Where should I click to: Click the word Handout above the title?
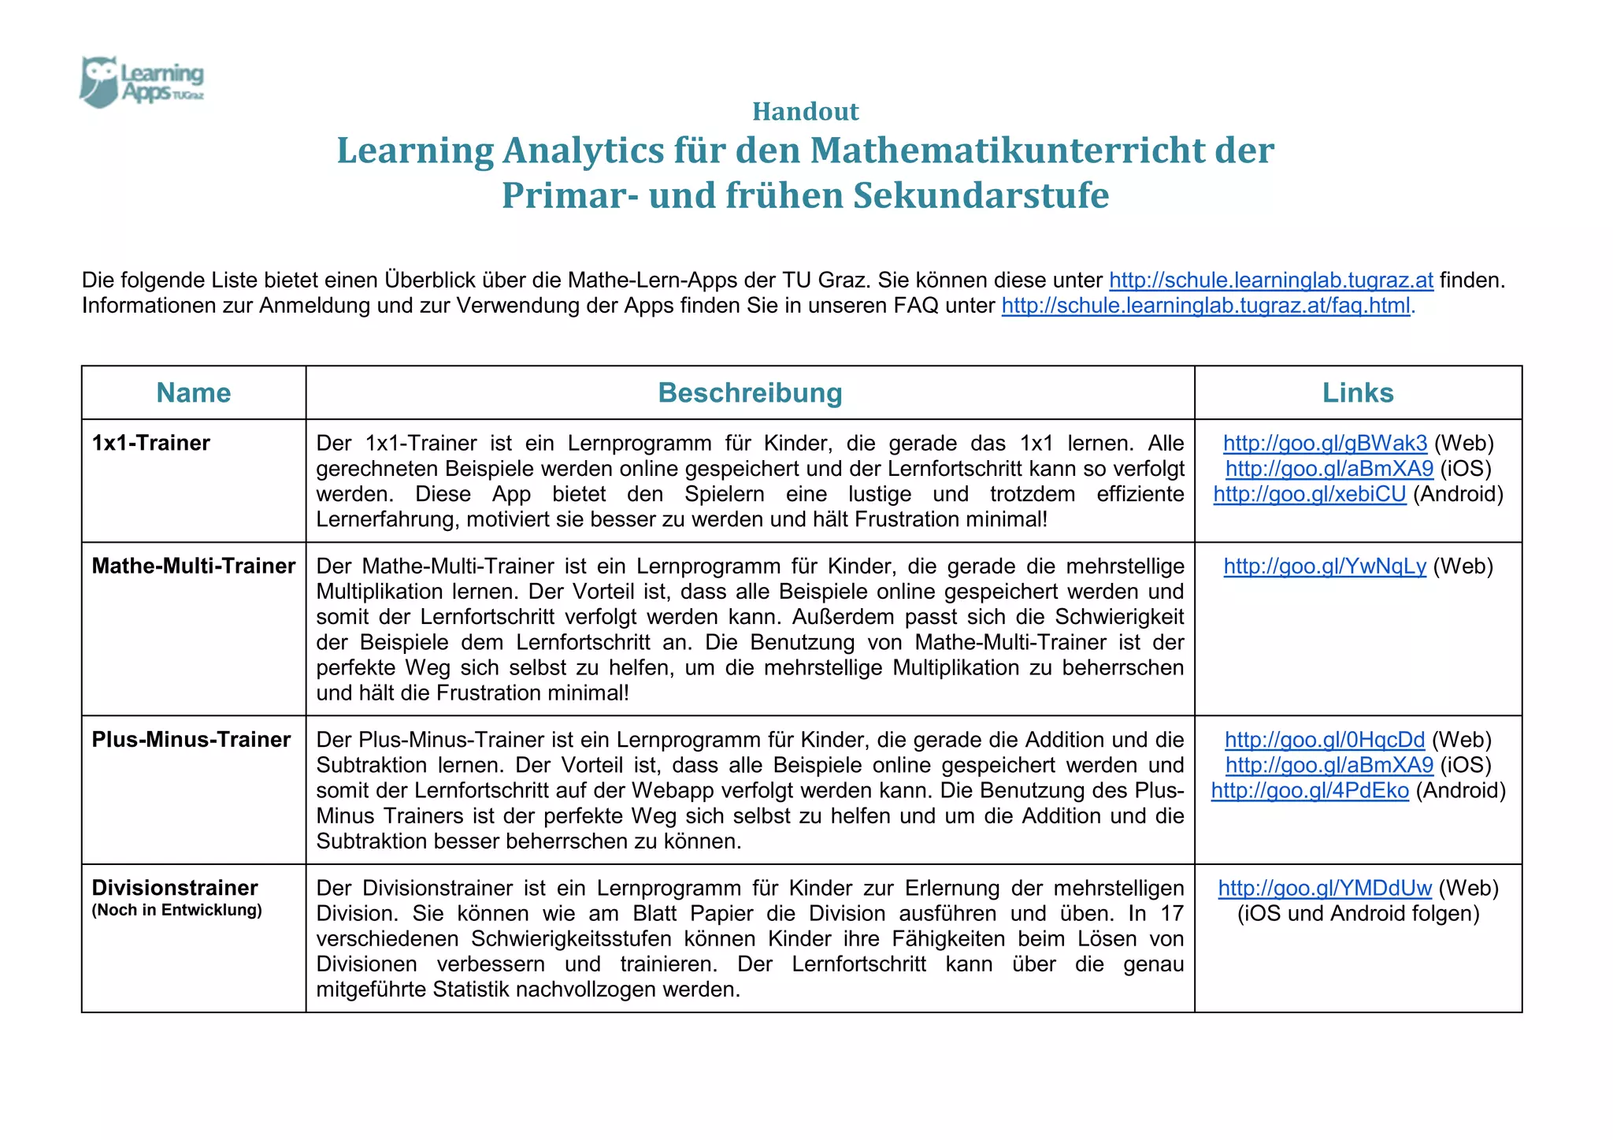coord(805,112)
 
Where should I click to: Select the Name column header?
coord(194,392)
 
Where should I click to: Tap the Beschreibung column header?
coord(750,392)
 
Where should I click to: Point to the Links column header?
coord(1358,392)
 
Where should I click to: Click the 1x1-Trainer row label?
coord(151,443)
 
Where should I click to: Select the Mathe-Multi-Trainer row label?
coord(194,566)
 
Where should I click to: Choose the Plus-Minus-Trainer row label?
coord(191,739)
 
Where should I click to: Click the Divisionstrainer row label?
coord(175,887)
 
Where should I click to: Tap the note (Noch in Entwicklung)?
coord(177,910)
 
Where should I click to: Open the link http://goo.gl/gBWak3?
coord(1325,443)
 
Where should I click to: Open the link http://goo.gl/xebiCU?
coord(1310,494)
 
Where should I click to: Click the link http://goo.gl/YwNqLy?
coord(1325,566)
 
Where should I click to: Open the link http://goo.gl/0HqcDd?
coord(1325,739)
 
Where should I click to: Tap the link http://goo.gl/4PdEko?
coord(1310,790)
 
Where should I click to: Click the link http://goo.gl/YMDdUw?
coord(1325,888)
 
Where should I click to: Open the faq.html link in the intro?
coord(1205,306)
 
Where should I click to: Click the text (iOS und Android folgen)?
coord(1358,913)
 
